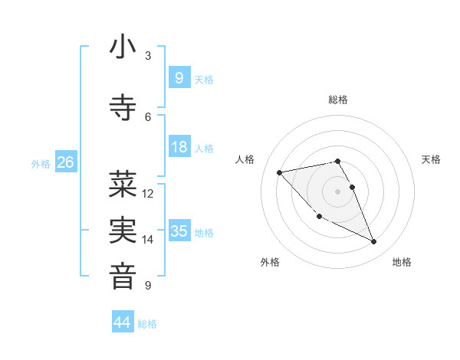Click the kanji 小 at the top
point(123,47)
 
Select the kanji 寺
point(123,107)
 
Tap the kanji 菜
point(123,184)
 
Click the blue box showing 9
point(179,77)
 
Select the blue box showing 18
point(179,147)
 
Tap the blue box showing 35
point(179,231)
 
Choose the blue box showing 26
point(65,162)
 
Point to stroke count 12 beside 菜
point(148,194)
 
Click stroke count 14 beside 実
point(148,240)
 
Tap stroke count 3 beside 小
point(148,56)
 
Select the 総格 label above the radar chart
point(337,100)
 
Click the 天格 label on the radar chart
point(431,159)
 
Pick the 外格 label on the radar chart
point(270,263)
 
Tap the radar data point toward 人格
point(279,172)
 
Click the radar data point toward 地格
point(374,242)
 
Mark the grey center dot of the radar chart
point(337,191)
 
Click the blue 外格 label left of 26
point(40,163)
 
